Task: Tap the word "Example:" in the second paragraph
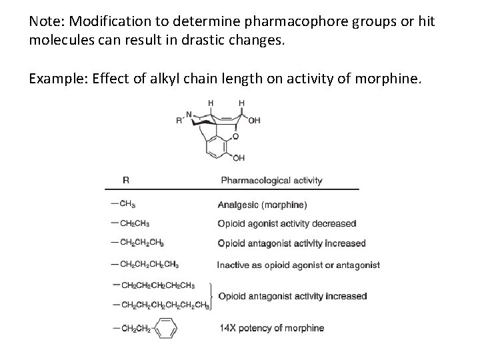54,80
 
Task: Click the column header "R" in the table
125,180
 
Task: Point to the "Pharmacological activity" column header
271,180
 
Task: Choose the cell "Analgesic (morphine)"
262,205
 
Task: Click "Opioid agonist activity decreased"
287,223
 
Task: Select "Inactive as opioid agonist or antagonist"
298,265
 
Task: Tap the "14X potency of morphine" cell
271,328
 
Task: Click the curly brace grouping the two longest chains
212,295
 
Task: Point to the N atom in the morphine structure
190,113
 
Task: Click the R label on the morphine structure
179,121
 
